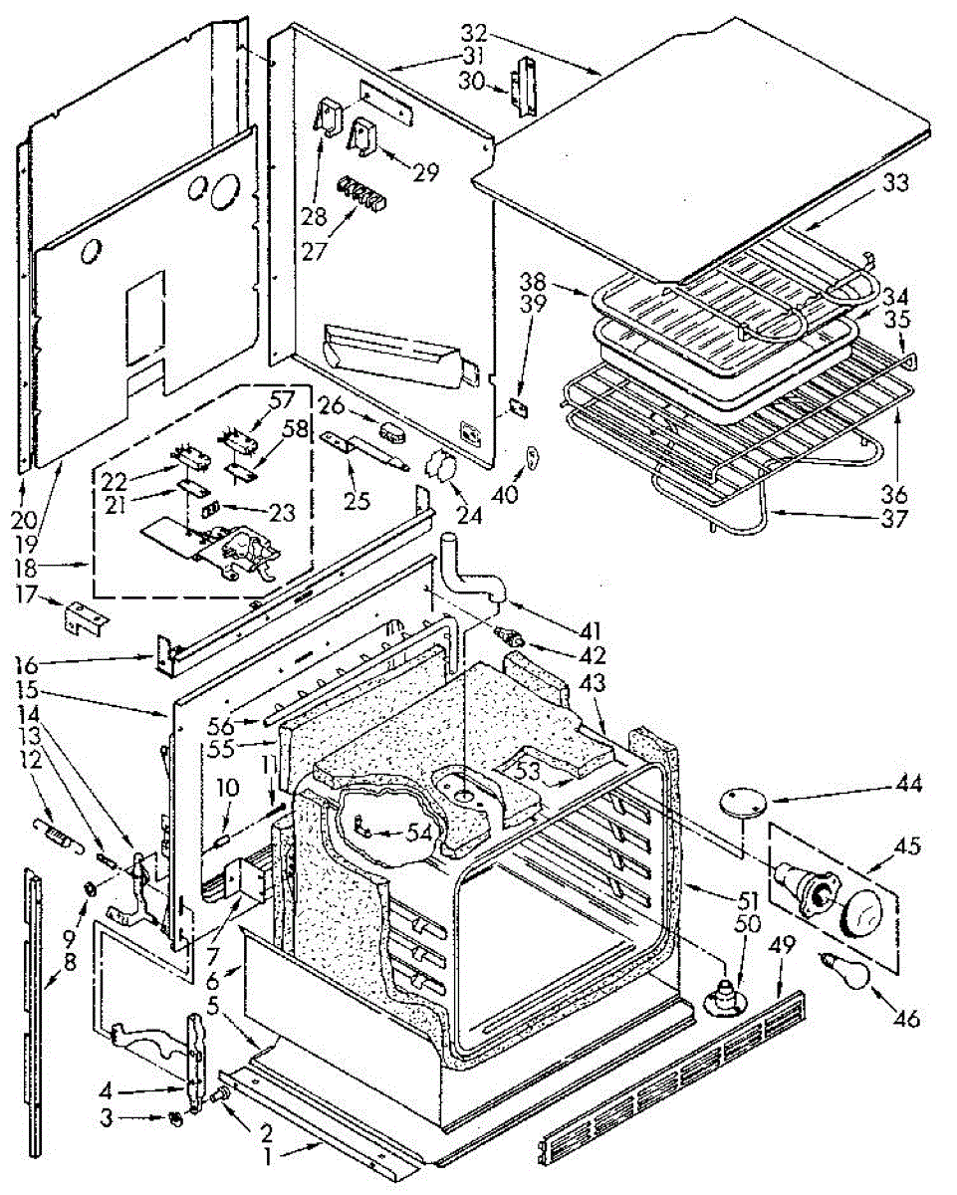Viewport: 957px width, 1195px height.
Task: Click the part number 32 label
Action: (474, 33)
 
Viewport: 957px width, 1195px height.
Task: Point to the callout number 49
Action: (782, 943)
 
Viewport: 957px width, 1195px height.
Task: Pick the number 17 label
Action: (27, 596)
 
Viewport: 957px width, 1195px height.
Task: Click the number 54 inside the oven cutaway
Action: (417, 833)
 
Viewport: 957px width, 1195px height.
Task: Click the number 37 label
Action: (894, 519)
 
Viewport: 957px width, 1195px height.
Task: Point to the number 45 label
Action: (907, 845)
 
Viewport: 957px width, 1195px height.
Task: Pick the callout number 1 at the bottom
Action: (268, 1158)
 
